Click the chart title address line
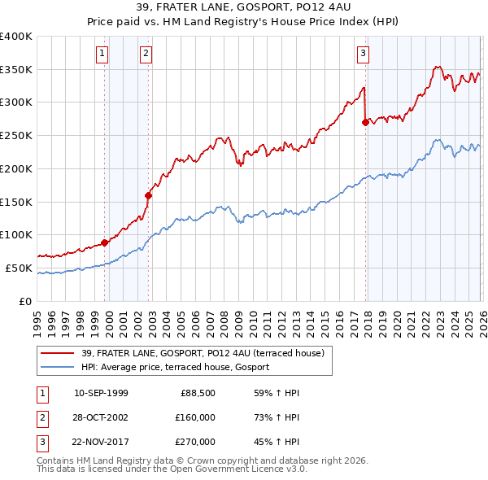243,8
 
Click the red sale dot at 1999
105,242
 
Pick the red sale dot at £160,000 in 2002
149,195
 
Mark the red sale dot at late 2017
365,122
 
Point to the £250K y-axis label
16,135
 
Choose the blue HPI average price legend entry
180,368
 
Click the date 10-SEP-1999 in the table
101,393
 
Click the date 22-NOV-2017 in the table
101,442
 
